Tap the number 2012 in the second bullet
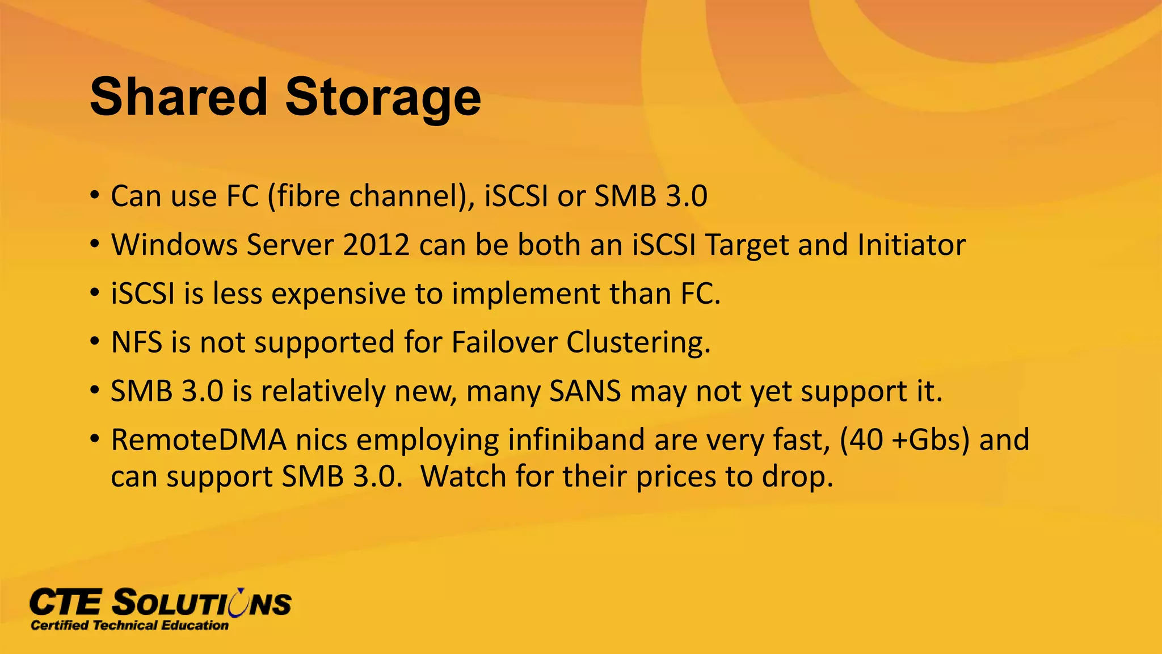click(x=376, y=245)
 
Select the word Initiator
click(x=911, y=245)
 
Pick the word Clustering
click(x=638, y=342)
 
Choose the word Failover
click(x=504, y=342)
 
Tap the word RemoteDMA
click(x=199, y=440)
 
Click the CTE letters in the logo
click(x=66, y=602)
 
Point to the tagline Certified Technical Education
click(x=129, y=626)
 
